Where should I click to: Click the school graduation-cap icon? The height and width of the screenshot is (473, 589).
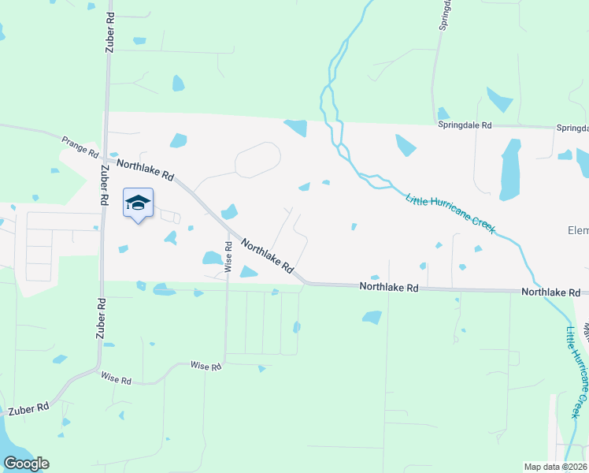(138, 203)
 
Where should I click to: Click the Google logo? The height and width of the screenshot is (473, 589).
(26, 463)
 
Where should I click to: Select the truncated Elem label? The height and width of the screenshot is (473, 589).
(578, 231)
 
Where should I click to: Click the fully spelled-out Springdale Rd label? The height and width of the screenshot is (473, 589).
(465, 125)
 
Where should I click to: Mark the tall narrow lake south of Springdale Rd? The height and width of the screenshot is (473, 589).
(510, 169)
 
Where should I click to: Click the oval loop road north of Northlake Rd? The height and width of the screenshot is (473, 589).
(257, 161)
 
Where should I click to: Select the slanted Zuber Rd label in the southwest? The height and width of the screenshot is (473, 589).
(29, 409)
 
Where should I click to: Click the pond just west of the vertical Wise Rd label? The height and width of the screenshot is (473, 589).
(212, 258)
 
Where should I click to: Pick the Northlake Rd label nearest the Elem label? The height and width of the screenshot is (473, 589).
(550, 292)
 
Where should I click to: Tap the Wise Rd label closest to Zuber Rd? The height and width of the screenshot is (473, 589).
(116, 379)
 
